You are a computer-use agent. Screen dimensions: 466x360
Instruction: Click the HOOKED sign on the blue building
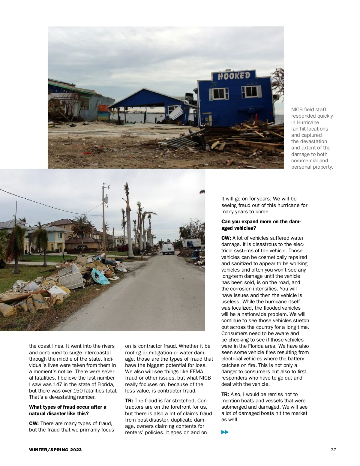[x=234, y=76]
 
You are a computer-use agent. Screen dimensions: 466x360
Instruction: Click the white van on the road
[x=168, y=249]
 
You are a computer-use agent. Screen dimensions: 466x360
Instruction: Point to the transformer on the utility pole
[x=106, y=200]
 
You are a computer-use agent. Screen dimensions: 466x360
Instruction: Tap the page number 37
[x=333, y=450]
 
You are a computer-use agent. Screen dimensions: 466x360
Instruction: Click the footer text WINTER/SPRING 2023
[x=55, y=450]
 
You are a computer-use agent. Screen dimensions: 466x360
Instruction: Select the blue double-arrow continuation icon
[x=225, y=432]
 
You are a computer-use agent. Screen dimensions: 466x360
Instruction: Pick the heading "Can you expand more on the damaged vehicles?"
[x=261, y=225]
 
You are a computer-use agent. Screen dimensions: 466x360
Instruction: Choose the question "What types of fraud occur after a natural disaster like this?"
[x=67, y=410]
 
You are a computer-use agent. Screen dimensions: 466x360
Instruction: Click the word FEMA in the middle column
[x=196, y=371]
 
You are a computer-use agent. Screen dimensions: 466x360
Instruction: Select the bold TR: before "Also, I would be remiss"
[x=225, y=394]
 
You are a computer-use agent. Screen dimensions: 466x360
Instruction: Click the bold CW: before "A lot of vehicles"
[x=226, y=238]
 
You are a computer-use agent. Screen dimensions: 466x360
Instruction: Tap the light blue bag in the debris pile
[x=100, y=277]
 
